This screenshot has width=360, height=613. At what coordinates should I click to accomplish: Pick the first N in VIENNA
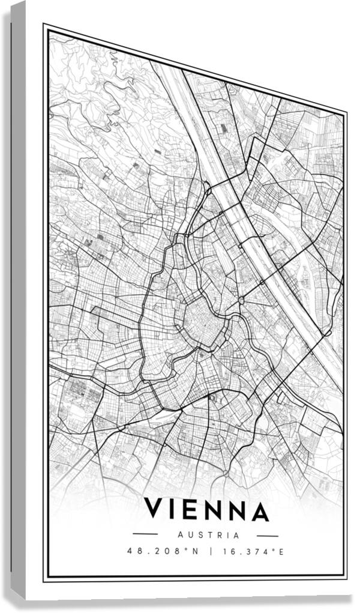tap(212, 511)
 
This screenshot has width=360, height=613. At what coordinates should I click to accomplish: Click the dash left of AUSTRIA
tap(145, 534)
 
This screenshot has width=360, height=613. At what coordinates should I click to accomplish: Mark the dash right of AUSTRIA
tap(267, 535)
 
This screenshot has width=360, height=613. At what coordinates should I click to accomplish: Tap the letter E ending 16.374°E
tap(281, 551)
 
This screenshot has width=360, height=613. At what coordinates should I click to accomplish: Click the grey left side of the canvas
tap(18, 300)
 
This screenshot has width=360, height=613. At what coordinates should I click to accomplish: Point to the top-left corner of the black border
tap(44, 26)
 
